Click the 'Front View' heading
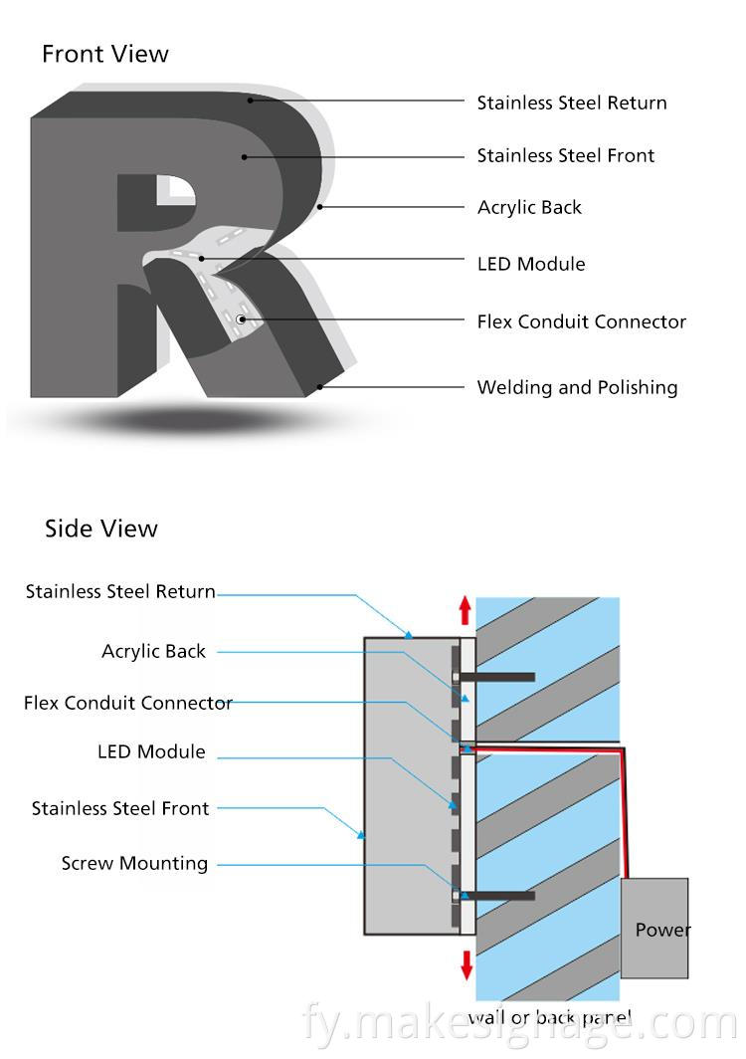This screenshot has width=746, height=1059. (105, 55)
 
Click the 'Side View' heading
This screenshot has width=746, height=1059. (100, 529)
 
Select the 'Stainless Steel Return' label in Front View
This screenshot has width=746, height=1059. (571, 103)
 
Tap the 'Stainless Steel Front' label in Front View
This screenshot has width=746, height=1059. (565, 155)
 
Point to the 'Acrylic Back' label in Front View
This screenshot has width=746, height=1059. (529, 207)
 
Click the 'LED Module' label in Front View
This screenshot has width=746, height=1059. (531, 264)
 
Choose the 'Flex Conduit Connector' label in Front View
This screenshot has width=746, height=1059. (581, 321)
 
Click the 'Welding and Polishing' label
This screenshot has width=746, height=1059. (577, 387)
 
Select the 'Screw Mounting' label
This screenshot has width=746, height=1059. (134, 863)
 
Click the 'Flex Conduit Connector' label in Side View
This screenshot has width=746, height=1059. (128, 703)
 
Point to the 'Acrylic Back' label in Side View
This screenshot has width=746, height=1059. (153, 651)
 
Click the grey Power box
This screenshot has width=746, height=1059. (654, 928)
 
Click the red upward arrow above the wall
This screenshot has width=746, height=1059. (465, 610)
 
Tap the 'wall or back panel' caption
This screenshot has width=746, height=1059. (549, 1016)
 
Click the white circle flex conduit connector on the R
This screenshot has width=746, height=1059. (241, 319)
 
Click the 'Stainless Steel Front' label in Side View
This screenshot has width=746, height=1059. (120, 808)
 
